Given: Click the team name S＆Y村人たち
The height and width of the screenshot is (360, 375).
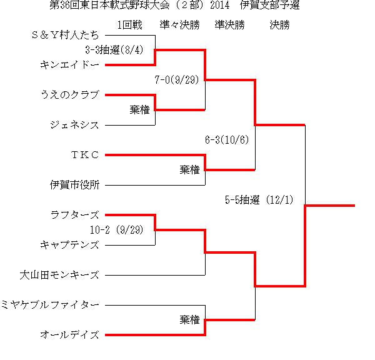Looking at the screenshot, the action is coord(65,35).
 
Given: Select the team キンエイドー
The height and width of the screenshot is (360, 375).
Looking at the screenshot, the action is coord(69,65).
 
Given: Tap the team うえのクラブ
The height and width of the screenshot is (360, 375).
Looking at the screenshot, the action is coord(70,95).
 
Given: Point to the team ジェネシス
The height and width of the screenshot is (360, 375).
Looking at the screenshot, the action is coord(74,125).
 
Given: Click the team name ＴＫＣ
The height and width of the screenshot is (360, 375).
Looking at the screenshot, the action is coord(85,155).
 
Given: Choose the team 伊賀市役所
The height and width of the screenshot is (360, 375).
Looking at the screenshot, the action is coord(74,185).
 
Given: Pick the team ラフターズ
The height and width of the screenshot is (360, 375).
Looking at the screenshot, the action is coord(74,215).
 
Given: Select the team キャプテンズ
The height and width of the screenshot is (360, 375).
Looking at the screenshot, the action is coord(69,245).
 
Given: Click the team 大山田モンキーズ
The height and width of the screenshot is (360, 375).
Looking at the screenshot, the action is coord(59,275).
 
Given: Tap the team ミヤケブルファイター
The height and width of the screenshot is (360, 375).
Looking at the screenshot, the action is coord(50,305).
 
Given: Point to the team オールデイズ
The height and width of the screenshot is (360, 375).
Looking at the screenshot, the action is coord(69,335).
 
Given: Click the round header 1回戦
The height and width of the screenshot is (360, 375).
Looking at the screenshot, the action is coord(130,25).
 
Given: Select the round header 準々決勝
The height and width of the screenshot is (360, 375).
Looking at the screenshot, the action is coord(180,25).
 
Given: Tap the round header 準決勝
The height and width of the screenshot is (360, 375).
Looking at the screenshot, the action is coord(230,25).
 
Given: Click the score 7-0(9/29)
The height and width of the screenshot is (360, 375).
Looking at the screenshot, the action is coord(177,79).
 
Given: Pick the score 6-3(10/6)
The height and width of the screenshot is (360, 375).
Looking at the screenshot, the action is coord(227,140).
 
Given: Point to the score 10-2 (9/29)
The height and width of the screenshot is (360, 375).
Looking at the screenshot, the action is coord(117,230).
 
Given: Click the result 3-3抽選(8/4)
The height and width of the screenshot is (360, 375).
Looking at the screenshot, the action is coord(114,50).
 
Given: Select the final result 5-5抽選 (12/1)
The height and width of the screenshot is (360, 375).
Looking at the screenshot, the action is coord(259,200).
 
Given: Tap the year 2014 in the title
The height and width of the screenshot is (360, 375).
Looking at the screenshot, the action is coord(220,5).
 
